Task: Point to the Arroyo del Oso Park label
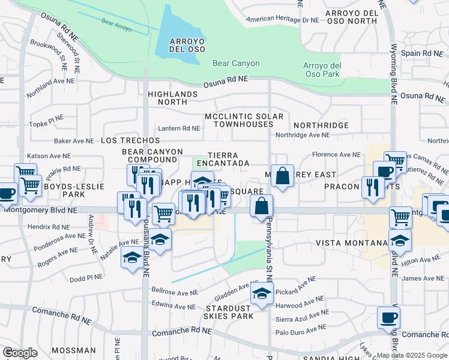click(x=322, y=70)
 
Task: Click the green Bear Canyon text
click(x=236, y=63)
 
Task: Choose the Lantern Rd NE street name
click(x=179, y=128)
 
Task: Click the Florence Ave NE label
click(x=336, y=155)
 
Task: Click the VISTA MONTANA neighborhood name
click(x=352, y=242)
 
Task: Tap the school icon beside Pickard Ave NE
click(x=262, y=294)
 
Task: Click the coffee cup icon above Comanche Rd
click(x=388, y=317)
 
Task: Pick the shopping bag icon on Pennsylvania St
click(x=262, y=206)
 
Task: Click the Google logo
click(x=20, y=353)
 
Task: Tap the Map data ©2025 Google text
click(x=412, y=355)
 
